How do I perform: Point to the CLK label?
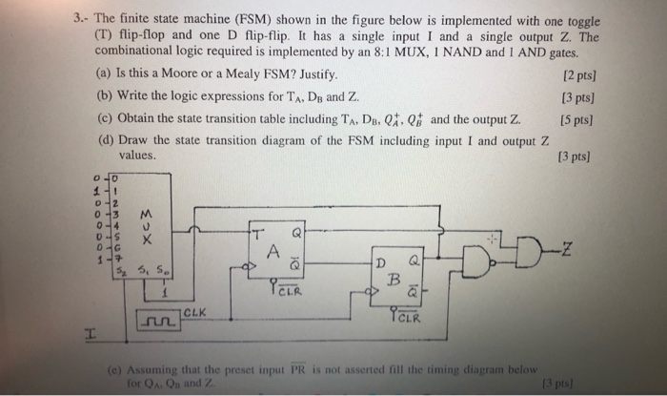[x=192, y=311]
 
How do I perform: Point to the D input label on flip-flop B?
[x=378, y=261]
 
